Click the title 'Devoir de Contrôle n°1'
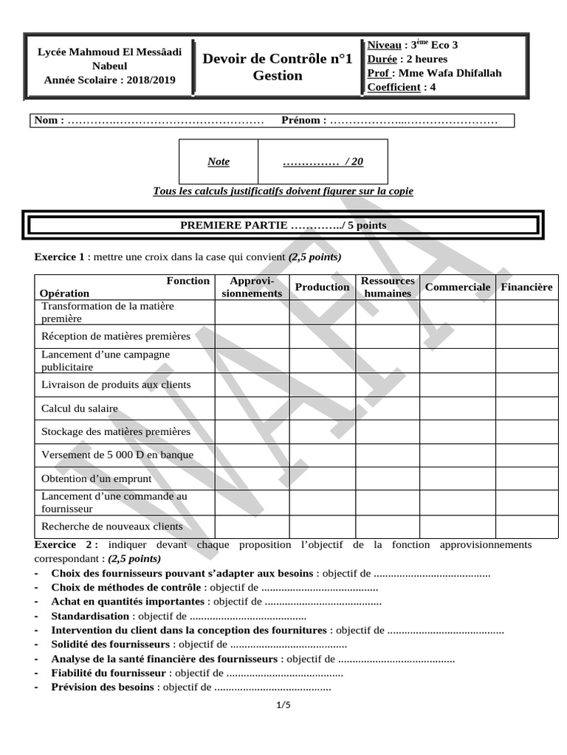[x=278, y=58]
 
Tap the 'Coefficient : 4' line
[x=402, y=87]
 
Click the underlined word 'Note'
[x=218, y=161]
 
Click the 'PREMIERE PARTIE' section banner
[x=283, y=225]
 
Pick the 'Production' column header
[x=322, y=287]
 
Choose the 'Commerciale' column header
[x=457, y=287]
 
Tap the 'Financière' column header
[x=526, y=287]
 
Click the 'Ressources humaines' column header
[x=388, y=287]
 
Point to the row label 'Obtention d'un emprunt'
[x=96, y=479]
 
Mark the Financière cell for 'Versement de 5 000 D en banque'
[x=526, y=455]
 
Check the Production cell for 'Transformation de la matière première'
[x=322, y=312]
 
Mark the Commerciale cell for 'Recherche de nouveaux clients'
[x=457, y=526]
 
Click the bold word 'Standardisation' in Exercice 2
[x=90, y=616]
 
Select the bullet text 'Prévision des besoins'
[x=103, y=687]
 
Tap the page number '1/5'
[x=283, y=706]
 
